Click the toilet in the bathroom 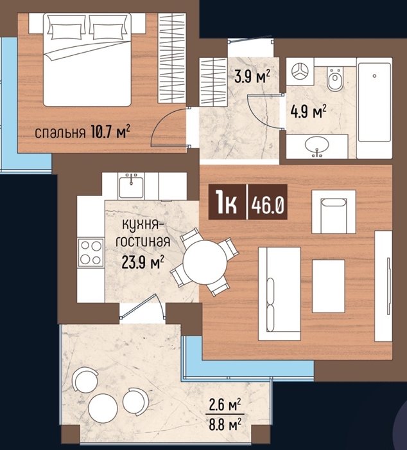click(x=334, y=79)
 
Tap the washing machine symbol click(x=300, y=71)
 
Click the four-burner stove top click(x=91, y=253)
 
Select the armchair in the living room click(x=334, y=212)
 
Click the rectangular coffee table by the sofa click(x=329, y=286)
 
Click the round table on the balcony click(x=103, y=408)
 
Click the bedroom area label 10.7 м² click(x=110, y=132)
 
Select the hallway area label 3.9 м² click(x=252, y=76)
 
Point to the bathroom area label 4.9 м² click(x=309, y=111)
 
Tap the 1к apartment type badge click(x=227, y=203)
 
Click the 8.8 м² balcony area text click(x=225, y=424)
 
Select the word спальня click(x=60, y=133)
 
